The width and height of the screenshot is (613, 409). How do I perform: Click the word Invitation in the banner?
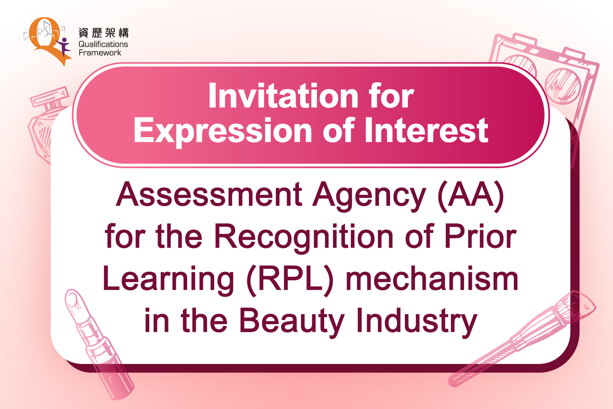[283, 96]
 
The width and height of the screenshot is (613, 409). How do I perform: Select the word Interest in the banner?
[427, 130]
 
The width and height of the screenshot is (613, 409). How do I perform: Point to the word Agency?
[370, 196]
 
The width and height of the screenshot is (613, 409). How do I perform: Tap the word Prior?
[480, 236]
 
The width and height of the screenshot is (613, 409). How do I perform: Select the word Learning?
[168, 280]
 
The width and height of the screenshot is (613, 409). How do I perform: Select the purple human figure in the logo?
[64, 47]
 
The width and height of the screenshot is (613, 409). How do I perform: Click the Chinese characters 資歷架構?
[103, 32]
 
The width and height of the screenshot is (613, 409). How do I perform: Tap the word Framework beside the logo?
[100, 53]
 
